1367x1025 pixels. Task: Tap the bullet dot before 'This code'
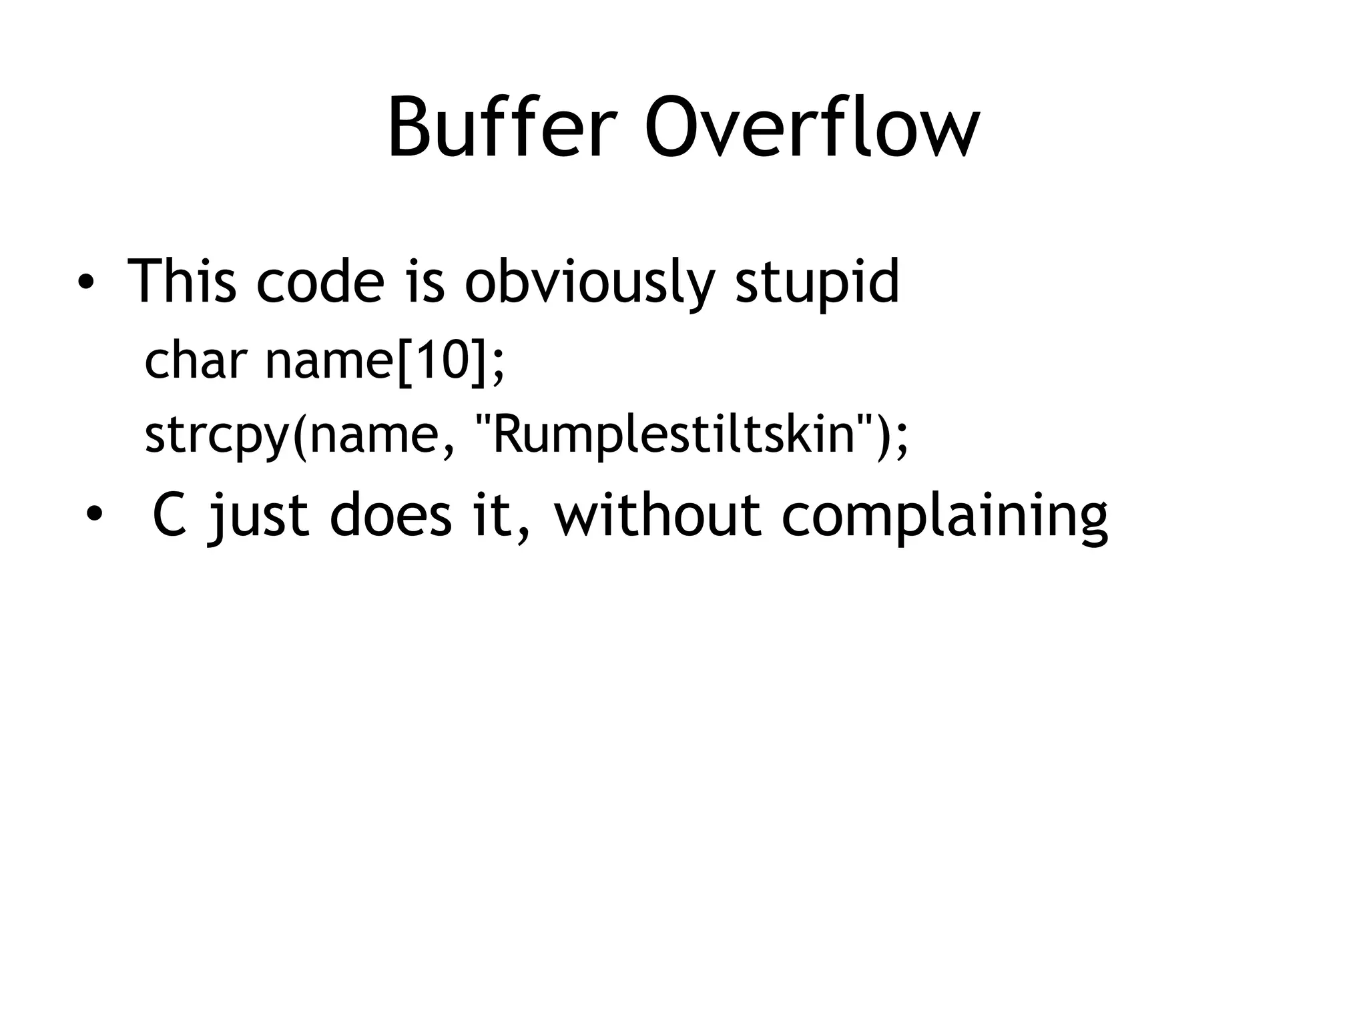tap(85, 282)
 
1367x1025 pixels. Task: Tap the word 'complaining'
tap(944, 517)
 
